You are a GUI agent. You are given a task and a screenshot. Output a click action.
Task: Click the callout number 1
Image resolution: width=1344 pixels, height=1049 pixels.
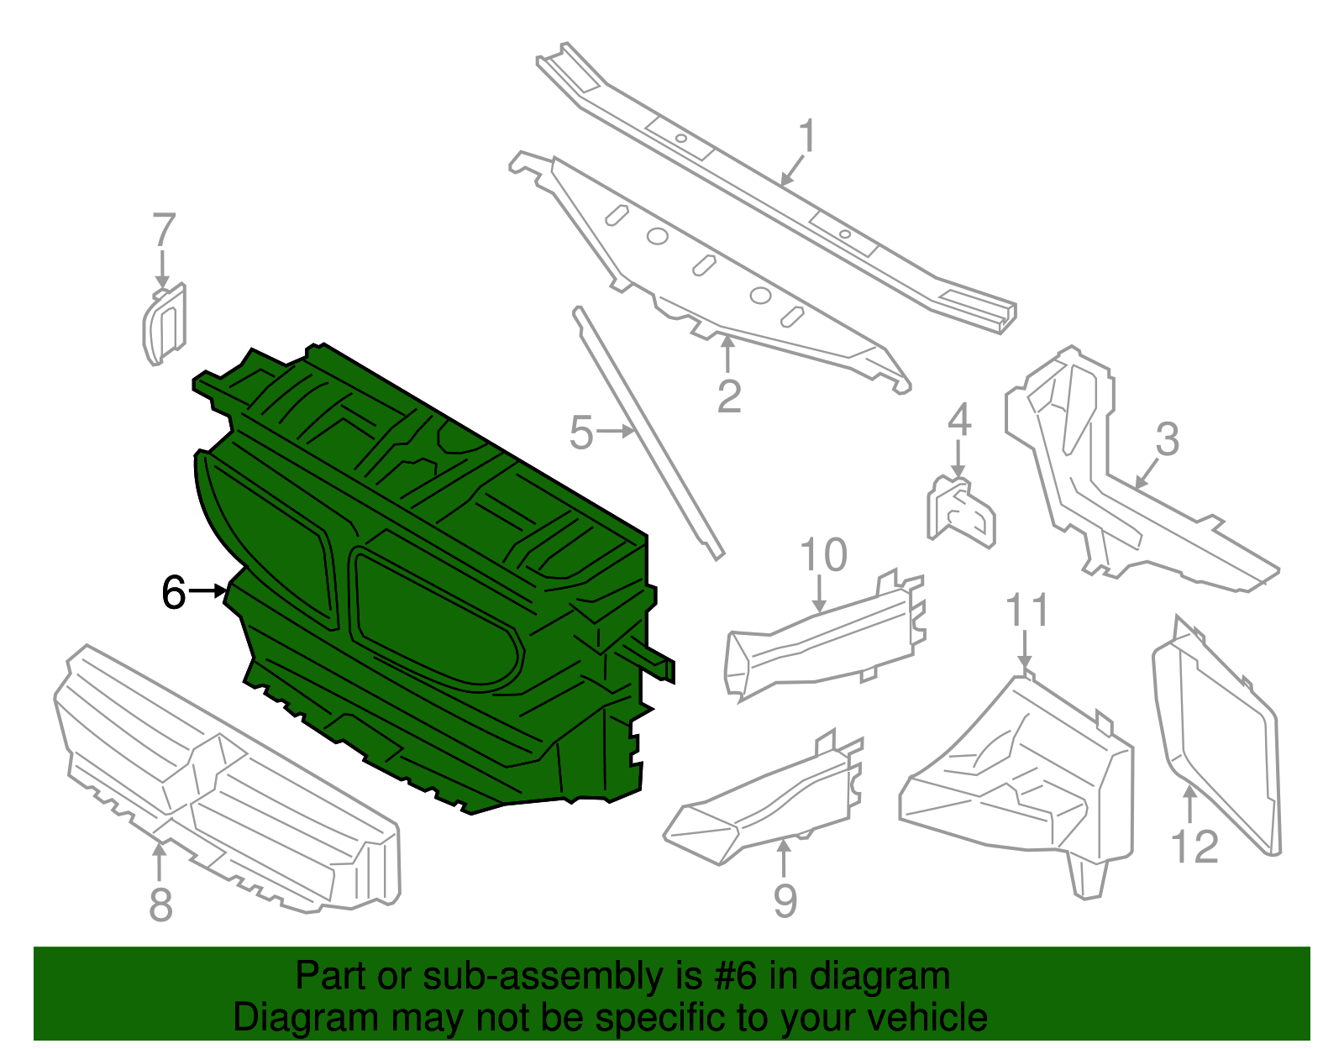tap(806, 136)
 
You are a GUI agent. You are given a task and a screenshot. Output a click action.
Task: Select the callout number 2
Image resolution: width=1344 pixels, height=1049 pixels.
tap(728, 396)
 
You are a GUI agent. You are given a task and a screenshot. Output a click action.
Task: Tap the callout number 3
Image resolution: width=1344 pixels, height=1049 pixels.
tap(1167, 439)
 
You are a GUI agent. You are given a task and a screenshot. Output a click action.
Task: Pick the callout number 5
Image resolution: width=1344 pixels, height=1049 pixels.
tap(580, 433)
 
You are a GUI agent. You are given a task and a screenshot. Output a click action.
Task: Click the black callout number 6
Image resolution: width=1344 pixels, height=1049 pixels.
tap(173, 593)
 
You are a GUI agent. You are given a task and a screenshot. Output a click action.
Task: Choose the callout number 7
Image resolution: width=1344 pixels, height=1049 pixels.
tap(164, 230)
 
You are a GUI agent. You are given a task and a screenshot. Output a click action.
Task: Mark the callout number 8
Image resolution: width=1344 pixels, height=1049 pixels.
tap(160, 905)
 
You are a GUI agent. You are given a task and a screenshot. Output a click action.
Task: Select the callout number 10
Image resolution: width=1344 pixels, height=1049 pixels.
tap(823, 555)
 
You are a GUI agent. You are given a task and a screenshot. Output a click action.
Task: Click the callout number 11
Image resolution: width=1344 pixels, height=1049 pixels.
tap(1027, 611)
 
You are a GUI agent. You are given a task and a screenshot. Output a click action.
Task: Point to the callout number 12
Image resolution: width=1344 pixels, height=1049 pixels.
tap(1194, 847)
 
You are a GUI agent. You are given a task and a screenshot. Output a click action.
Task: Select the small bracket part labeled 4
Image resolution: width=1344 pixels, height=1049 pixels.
tap(961, 511)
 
